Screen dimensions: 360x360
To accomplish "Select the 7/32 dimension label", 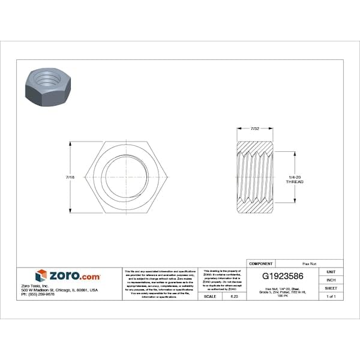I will [x=254, y=128].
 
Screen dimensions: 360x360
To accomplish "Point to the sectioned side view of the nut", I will [x=254, y=178].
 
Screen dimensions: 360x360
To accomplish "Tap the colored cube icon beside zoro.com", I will [x=41, y=276].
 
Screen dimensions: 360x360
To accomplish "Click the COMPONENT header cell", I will [x=260, y=263].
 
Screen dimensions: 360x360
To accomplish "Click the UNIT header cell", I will [x=331, y=272].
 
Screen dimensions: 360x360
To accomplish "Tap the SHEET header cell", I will [x=331, y=289].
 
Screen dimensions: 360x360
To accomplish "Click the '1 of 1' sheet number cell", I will [x=331, y=296].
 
